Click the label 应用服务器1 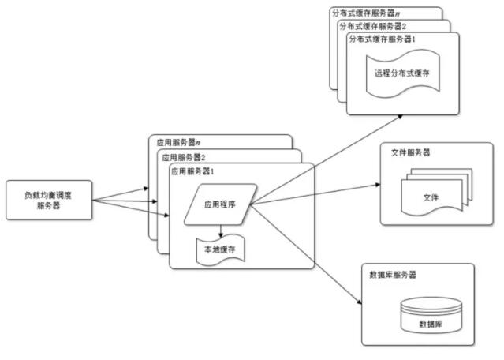tap(192, 171)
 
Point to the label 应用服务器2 tap(183, 156)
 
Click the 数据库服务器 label tap(393, 275)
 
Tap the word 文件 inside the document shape tap(431, 197)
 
